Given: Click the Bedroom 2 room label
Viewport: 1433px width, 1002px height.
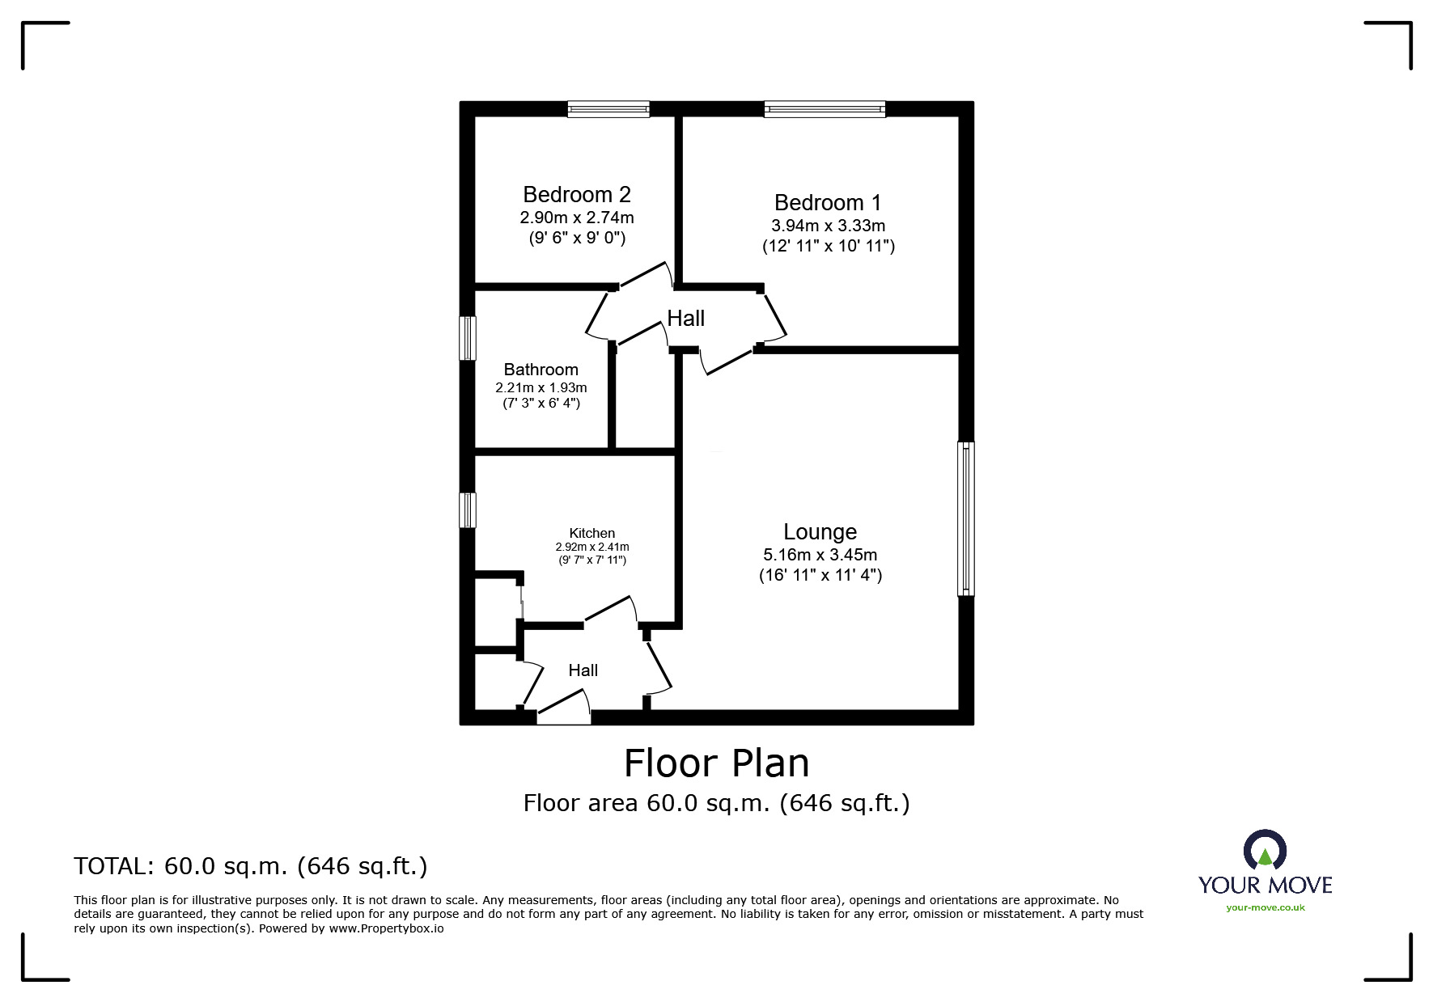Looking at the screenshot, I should (x=576, y=194).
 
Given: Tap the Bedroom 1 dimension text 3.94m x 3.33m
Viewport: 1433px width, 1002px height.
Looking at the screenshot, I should (x=828, y=226).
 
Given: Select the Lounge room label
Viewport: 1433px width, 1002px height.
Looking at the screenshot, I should (x=820, y=532).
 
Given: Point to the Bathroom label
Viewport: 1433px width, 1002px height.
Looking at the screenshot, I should (x=541, y=370).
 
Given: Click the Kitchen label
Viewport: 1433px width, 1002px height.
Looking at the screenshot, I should (x=592, y=533).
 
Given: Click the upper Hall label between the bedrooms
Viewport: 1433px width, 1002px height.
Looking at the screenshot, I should (x=685, y=319).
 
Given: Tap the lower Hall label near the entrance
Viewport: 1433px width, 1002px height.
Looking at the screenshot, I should (x=583, y=670).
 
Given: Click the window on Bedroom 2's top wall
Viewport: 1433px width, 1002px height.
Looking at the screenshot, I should (x=608, y=109).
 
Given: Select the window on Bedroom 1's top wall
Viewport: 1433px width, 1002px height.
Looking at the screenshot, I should (x=825, y=109).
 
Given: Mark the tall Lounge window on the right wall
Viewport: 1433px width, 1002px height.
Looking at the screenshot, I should (x=965, y=518).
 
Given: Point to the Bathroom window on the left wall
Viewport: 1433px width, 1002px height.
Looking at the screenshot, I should (x=468, y=338).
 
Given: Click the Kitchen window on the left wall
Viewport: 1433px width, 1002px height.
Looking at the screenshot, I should (x=468, y=510).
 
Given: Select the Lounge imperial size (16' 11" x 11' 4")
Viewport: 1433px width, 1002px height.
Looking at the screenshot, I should (x=820, y=576).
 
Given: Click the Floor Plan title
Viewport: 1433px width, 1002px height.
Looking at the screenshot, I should (x=716, y=763).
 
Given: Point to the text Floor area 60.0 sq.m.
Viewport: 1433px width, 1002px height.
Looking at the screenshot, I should (x=716, y=803).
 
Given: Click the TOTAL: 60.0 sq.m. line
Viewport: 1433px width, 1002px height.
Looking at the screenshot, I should (x=251, y=866).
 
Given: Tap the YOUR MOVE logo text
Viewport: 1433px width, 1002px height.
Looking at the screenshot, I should (x=1265, y=885).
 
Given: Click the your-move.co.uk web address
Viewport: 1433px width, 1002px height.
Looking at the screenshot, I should (x=1265, y=907).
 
